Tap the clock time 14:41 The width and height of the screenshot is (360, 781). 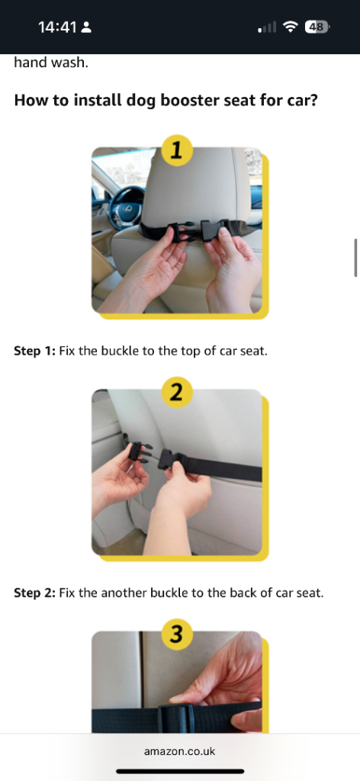(57, 27)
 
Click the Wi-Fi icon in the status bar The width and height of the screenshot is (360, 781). (290, 27)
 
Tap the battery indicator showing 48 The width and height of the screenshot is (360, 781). (317, 27)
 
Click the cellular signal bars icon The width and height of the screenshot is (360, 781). (267, 27)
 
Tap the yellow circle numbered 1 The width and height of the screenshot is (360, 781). (176, 150)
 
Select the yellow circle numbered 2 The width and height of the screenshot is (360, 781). (176, 393)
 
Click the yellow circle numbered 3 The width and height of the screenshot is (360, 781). (176, 635)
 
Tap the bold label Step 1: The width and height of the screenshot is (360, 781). (35, 351)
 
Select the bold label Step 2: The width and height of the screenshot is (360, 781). (35, 593)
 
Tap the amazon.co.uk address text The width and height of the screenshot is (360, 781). (180, 751)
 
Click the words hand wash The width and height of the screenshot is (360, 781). (51, 63)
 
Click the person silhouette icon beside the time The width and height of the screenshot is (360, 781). (86, 27)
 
